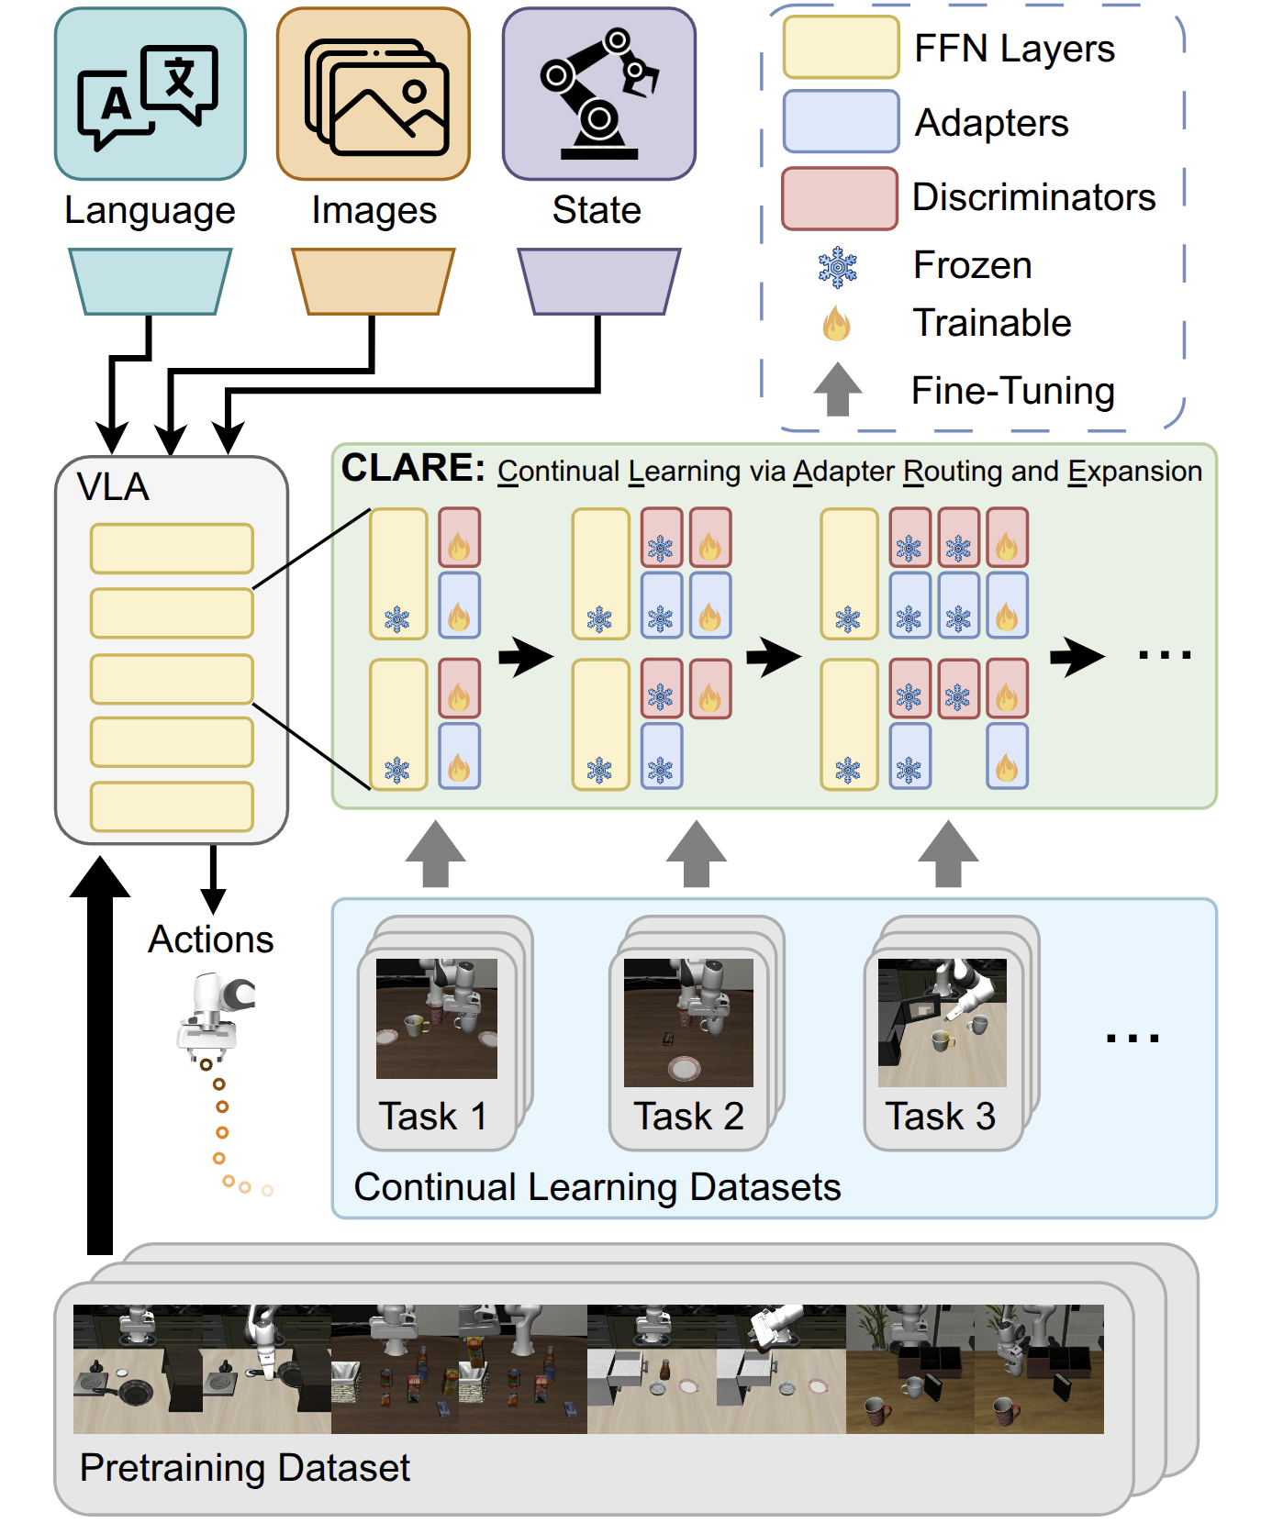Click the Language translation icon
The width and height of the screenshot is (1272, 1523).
tap(150, 95)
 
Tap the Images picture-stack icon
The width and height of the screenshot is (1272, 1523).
tap(374, 95)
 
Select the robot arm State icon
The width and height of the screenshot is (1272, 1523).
tap(599, 94)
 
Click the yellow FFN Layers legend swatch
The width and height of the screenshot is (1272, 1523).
tap(840, 48)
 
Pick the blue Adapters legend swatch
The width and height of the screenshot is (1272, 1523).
tap(840, 122)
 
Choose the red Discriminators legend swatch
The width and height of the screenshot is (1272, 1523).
tap(839, 198)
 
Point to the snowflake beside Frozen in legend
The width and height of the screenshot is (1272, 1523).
tap(837, 267)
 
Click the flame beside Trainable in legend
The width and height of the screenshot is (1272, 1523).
tap(836, 323)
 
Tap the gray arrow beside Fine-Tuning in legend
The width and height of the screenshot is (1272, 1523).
tap(837, 390)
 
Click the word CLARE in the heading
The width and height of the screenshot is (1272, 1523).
tap(412, 468)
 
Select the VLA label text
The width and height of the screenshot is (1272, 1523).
tap(113, 487)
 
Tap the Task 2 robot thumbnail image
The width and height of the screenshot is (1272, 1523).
tap(688, 1022)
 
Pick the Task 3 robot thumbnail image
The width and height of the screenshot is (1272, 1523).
tap(942, 1022)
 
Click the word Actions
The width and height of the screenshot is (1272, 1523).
tap(211, 939)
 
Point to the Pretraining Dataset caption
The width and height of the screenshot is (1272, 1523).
tap(244, 1467)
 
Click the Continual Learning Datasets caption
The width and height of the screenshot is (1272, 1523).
tap(597, 1186)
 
